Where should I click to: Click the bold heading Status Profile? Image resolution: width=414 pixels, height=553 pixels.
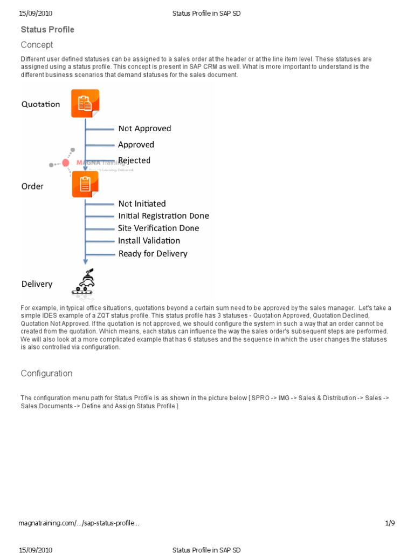coord(47,29)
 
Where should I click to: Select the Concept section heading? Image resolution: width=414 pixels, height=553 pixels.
coord(37,45)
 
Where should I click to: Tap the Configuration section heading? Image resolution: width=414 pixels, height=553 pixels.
coord(46,373)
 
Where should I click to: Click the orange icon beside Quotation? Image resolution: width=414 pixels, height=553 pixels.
coord(85,103)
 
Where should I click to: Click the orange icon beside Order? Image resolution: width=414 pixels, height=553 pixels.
coord(85,185)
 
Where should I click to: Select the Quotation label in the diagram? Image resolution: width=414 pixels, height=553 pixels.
coord(40,104)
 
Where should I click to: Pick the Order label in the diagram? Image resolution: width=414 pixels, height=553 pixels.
coord(32,186)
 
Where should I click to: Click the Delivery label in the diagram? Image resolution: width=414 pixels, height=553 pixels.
coord(37,284)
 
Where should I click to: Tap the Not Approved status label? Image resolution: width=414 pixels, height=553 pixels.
coord(144,129)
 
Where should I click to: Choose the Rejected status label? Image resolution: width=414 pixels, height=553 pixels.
coord(134,160)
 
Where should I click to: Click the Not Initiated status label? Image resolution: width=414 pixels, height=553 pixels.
coord(142,204)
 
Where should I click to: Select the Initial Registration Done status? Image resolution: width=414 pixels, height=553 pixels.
coord(163,216)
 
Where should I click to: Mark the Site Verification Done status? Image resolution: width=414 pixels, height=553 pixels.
coord(158,228)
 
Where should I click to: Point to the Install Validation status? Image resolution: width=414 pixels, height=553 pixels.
coord(149,241)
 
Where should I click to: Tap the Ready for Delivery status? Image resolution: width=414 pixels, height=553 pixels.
coord(153,254)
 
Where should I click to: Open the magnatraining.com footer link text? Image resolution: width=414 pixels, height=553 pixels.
coord(79,523)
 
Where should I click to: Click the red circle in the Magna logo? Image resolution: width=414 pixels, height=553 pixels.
coord(66,163)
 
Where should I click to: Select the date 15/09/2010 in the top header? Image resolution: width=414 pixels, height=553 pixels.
coord(36,14)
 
